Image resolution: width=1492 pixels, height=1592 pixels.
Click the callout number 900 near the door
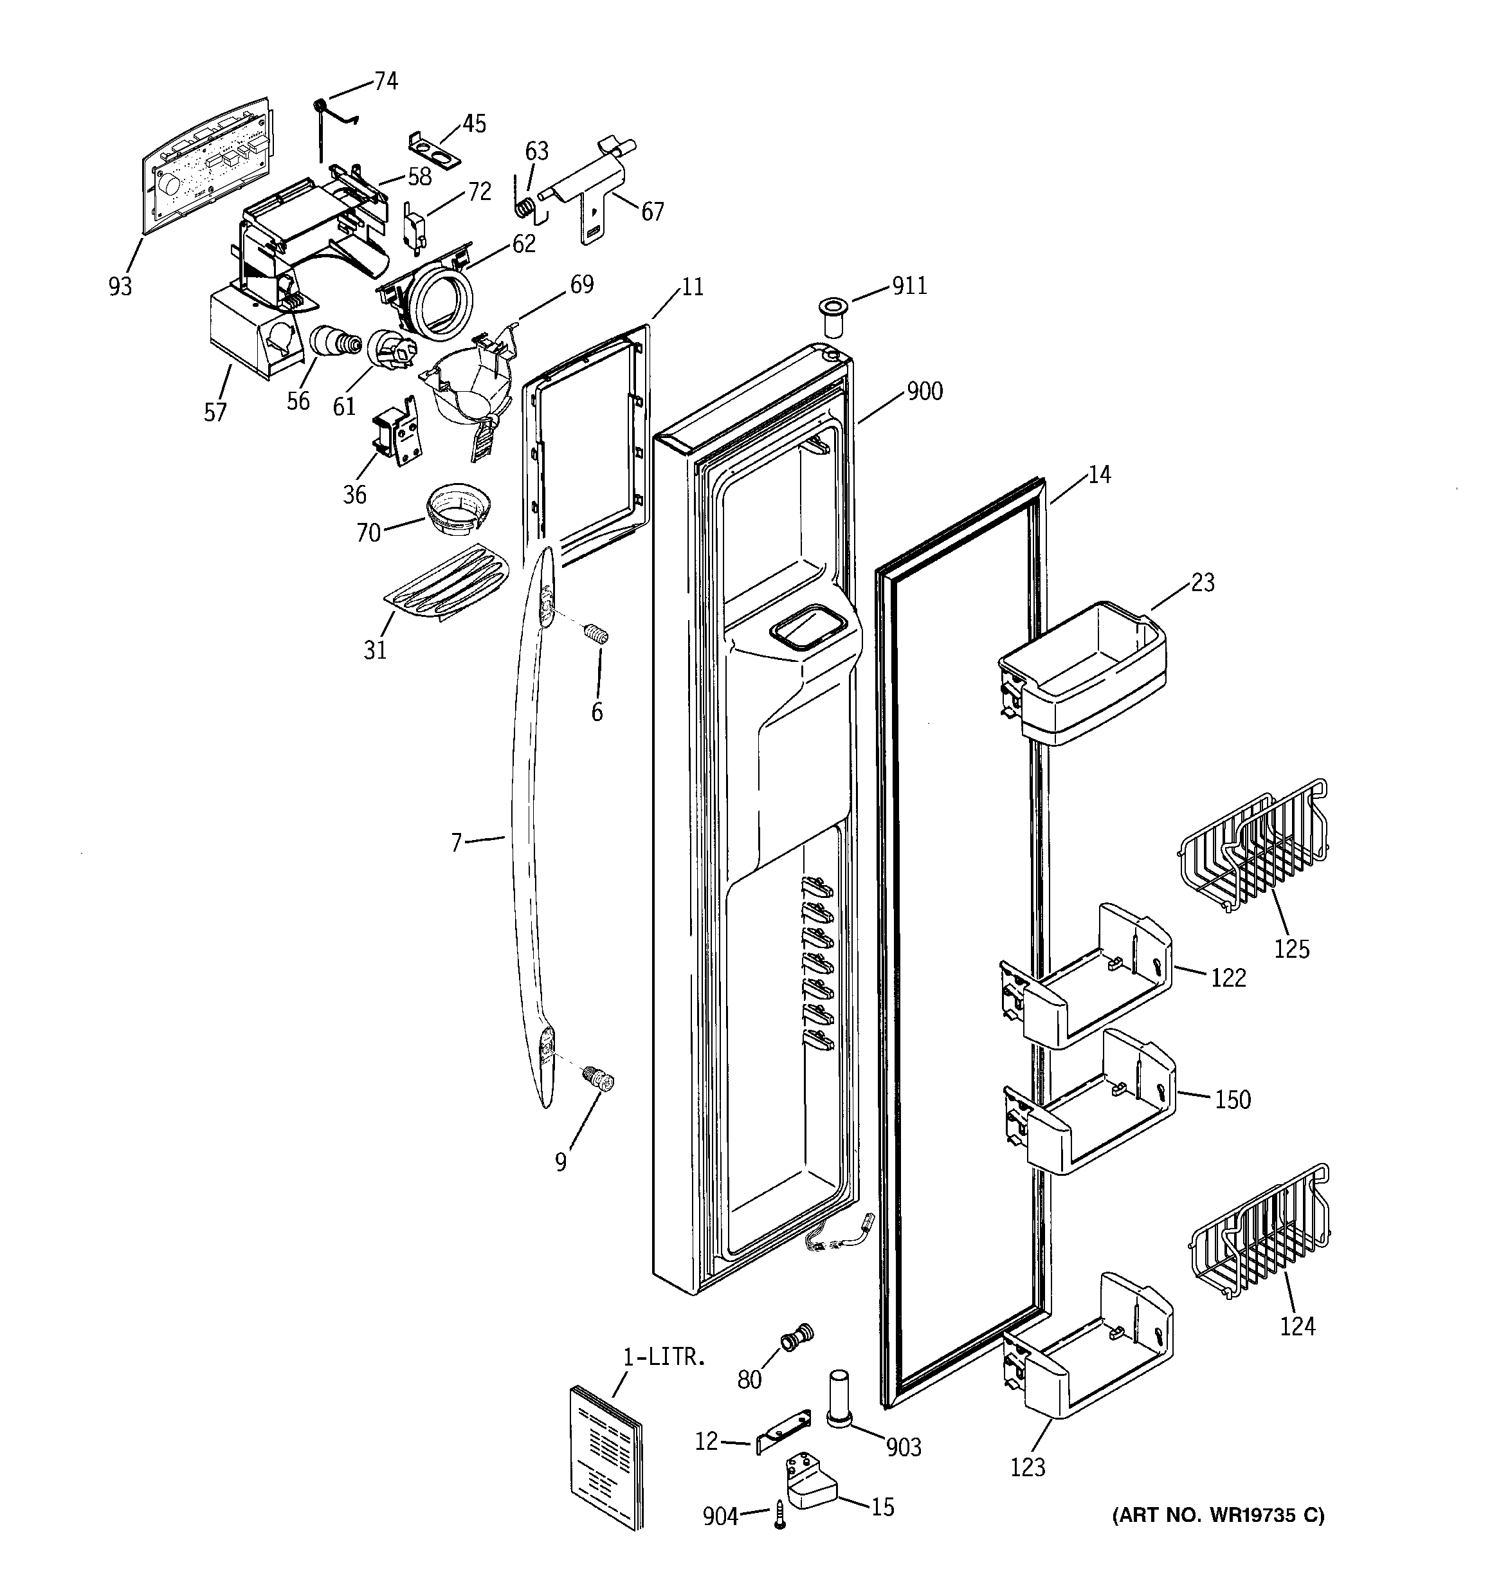(924, 392)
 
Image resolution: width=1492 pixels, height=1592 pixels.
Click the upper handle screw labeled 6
(596, 634)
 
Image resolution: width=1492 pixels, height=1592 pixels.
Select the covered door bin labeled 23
(1081, 673)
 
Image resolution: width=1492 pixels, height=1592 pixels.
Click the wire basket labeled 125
(1253, 849)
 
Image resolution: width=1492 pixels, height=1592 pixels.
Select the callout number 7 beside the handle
(456, 843)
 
